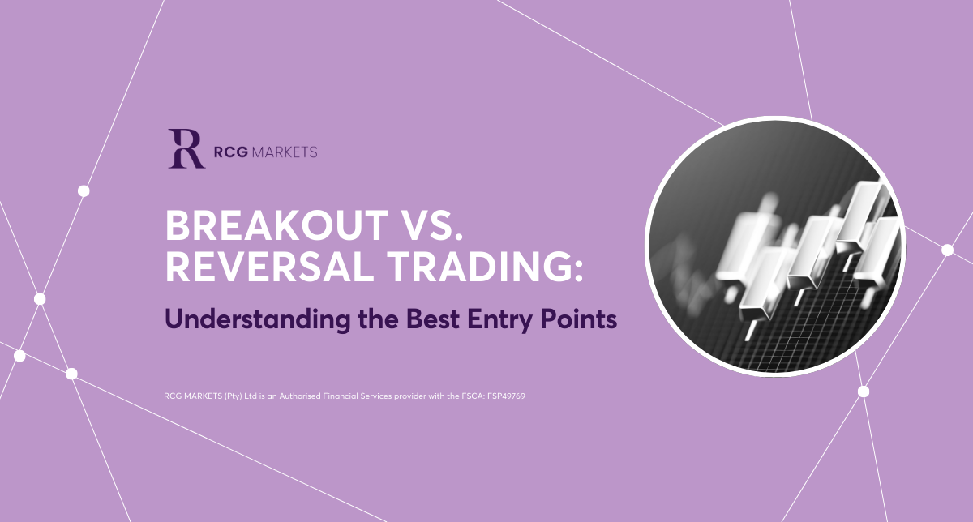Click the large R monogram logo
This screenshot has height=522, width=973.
coord(186,148)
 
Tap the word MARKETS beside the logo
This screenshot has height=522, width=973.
coord(285,152)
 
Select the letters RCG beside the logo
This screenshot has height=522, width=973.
coord(230,152)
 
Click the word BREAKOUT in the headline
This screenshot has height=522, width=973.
coord(276,226)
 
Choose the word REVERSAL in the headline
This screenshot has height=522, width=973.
coord(270,267)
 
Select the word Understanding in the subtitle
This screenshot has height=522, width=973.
coord(258,319)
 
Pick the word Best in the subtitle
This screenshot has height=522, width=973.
coord(433,319)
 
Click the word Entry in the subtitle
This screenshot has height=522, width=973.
coord(500,320)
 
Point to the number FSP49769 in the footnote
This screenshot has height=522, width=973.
coord(506,396)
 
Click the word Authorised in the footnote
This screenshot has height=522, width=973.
coord(300,396)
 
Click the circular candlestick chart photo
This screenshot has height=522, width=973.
coord(775,246)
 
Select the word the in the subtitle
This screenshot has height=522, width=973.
coord(379,319)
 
